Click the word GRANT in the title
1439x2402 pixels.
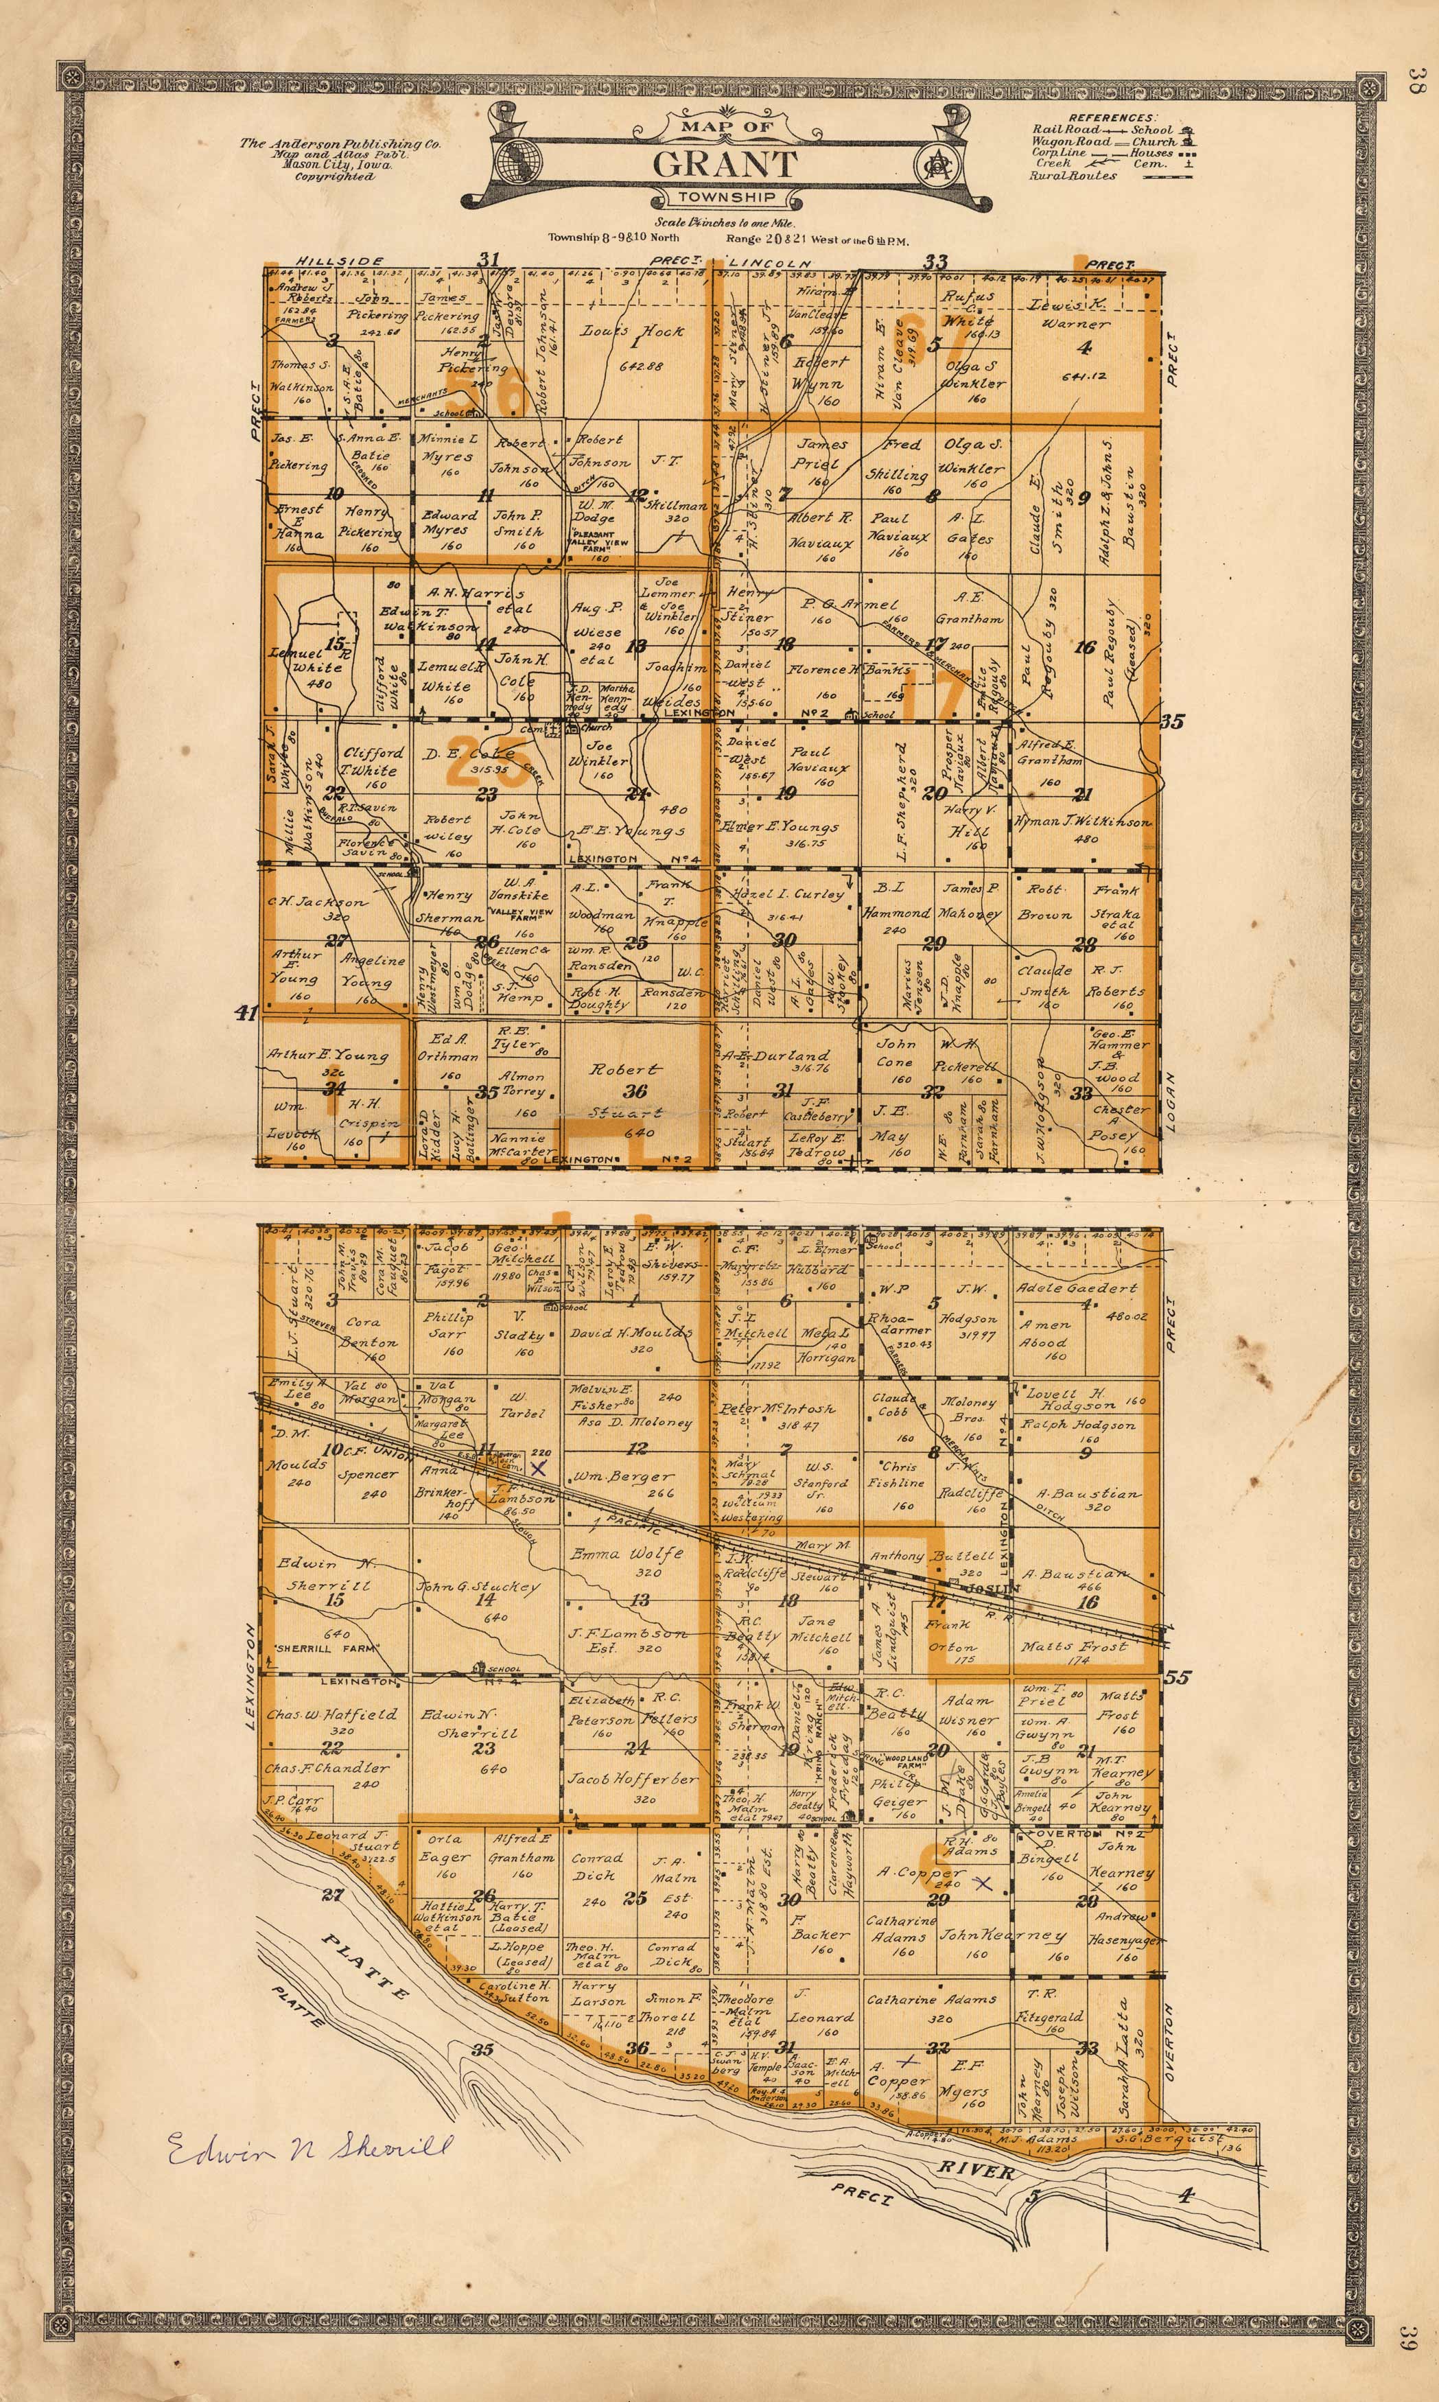coord(725,164)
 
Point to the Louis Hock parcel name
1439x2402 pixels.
coord(632,331)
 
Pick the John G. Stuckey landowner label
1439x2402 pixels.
coord(478,1587)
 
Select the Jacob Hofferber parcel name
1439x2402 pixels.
coord(631,1780)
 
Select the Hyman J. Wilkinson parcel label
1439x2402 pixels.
coord(1082,822)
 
